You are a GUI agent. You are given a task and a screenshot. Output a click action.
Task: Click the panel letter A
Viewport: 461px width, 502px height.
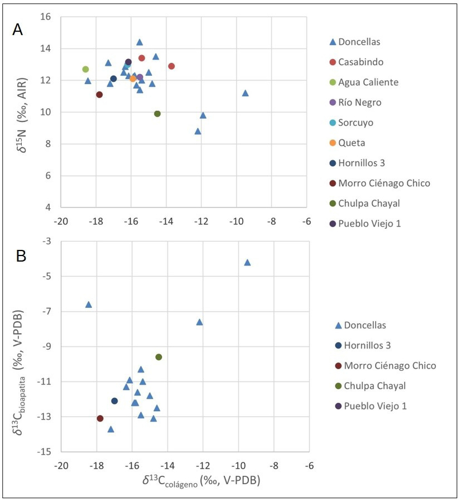click(18, 30)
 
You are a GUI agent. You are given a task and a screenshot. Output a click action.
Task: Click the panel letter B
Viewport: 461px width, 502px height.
click(21, 256)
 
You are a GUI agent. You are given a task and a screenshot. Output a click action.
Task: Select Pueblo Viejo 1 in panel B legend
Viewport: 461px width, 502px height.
click(375, 406)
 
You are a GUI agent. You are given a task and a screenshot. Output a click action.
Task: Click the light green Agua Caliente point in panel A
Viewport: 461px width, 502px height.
click(85, 69)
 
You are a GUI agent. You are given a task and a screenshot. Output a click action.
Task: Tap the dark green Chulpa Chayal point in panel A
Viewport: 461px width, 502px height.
click(157, 114)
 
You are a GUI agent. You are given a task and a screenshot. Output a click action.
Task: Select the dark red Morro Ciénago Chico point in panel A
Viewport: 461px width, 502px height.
click(99, 94)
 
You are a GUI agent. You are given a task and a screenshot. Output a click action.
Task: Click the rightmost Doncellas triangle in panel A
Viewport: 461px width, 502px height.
click(245, 93)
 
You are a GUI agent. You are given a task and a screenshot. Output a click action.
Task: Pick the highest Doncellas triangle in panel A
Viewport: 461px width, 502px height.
click(140, 42)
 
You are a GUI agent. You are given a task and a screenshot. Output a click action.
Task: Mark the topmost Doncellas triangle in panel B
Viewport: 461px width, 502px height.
click(247, 262)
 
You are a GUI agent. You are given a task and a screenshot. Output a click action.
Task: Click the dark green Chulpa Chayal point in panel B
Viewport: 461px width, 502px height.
click(159, 357)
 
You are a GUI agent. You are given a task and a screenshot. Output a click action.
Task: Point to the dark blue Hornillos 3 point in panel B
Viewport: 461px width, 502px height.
click(114, 401)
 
